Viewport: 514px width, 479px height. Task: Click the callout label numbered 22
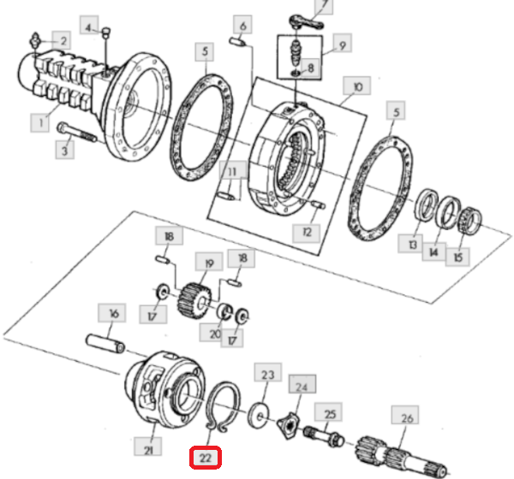coord(206,458)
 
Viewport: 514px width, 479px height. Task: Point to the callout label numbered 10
coord(353,86)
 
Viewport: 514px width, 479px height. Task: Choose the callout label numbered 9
coord(340,44)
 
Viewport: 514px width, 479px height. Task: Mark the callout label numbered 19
coord(206,263)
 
